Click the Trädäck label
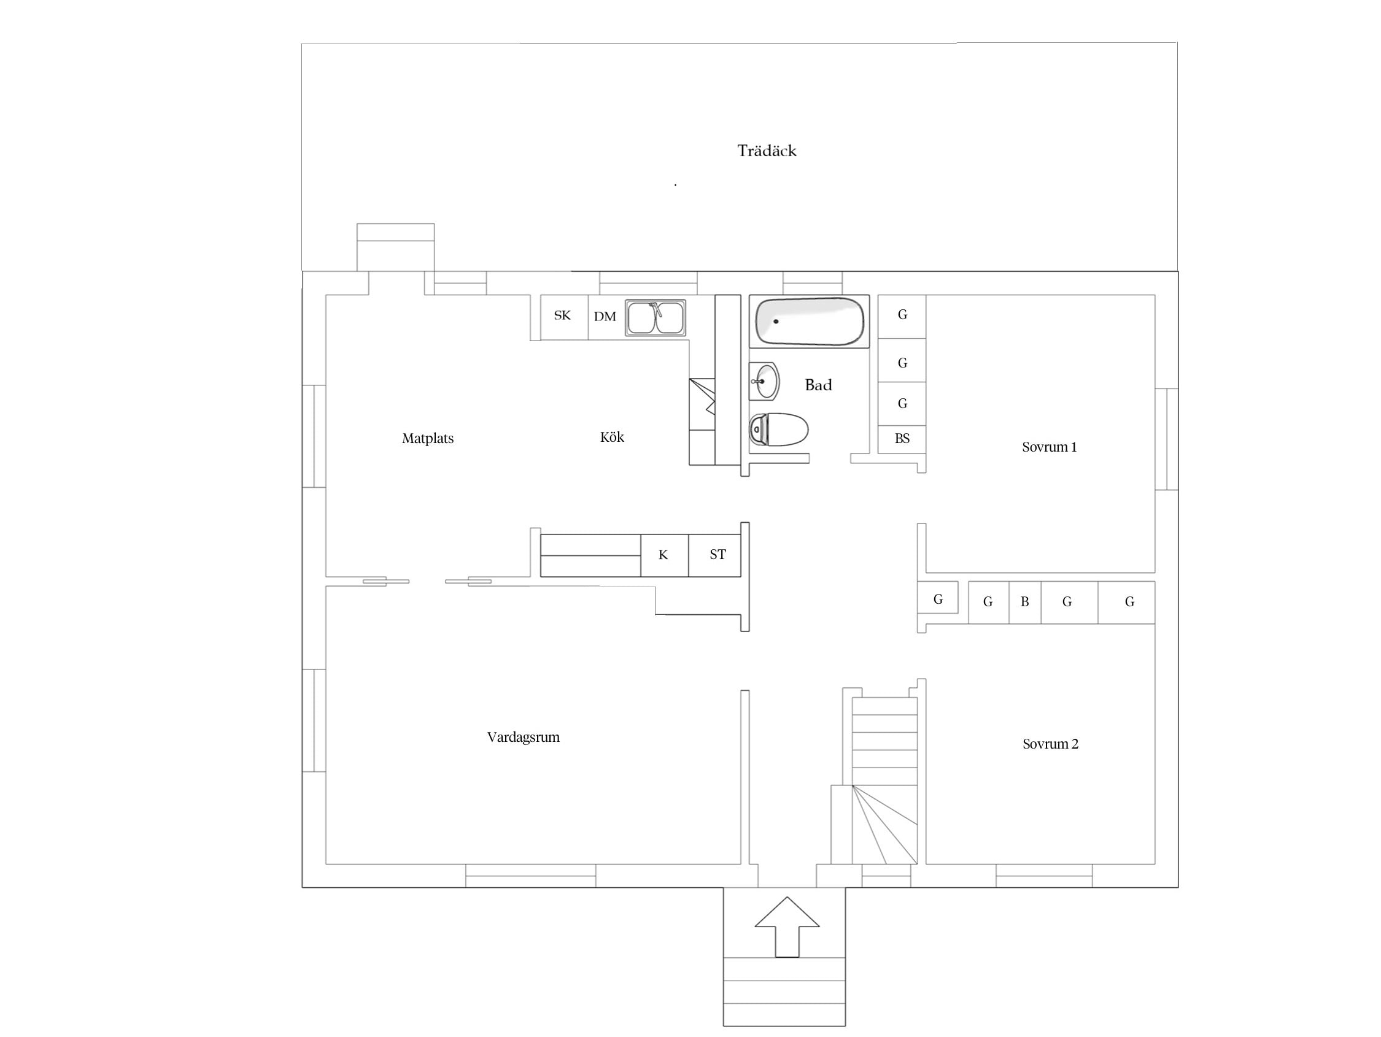pos(767,150)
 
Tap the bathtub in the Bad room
pos(809,322)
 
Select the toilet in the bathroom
pos(778,429)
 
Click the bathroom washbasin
pos(764,381)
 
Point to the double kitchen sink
pos(656,318)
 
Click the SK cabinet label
pos(562,315)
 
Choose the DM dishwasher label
pos(605,317)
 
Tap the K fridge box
pos(664,555)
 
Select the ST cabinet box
pos(715,555)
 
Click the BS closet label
pos(902,438)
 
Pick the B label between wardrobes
pos(1024,602)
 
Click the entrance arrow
pos(787,927)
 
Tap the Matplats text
pos(428,438)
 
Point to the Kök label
pos(612,437)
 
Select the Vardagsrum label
pos(523,738)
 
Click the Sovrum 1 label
pos(1050,447)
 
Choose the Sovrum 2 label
pos(1050,744)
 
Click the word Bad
pos(819,385)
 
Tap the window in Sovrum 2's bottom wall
pos(1044,875)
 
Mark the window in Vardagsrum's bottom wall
pos(531,875)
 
